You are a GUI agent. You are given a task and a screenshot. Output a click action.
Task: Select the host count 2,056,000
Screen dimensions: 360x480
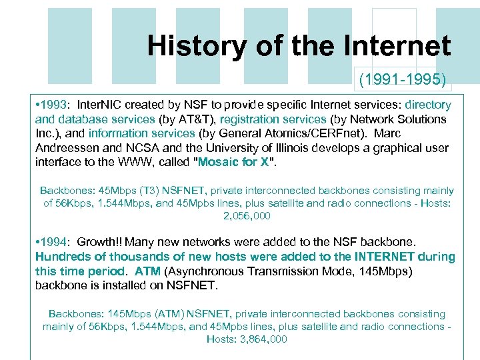pyautogui.click(x=247, y=216)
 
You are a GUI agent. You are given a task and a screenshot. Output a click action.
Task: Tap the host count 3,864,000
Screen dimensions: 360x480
pyautogui.click(x=247, y=339)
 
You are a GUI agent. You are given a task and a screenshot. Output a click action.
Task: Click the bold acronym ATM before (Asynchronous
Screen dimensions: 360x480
pyautogui.click(x=147, y=271)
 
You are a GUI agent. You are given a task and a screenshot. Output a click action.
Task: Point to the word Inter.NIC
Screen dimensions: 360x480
pyautogui.click(x=103, y=105)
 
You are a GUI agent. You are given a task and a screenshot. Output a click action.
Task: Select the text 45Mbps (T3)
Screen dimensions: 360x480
pyautogui.click(x=126, y=191)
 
